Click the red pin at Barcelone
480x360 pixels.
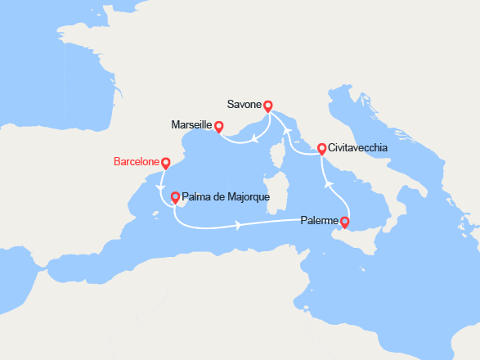tap(166, 163)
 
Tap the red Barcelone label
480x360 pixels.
tap(135, 162)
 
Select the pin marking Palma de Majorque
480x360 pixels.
tap(174, 196)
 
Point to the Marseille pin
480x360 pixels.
tap(218, 126)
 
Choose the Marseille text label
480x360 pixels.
tap(192, 125)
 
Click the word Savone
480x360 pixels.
tap(246, 105)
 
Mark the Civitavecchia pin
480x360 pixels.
tap(321, 148)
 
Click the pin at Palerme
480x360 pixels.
tap(344, 221)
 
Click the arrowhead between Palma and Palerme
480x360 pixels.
tap(238, 225)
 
